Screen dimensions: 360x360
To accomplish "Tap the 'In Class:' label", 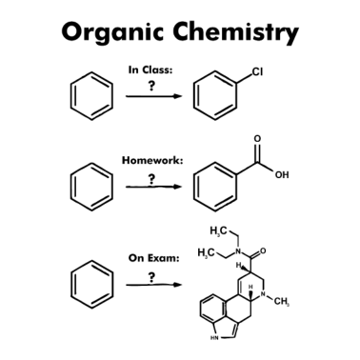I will point(150,69).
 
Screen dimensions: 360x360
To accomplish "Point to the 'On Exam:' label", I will point(153,257).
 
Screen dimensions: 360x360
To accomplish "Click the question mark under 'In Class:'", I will point(150,85).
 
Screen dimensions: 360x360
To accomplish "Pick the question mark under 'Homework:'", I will point(150,177).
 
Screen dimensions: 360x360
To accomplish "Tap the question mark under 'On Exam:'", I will point(151,275).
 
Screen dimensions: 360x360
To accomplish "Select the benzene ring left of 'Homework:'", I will point(91,185).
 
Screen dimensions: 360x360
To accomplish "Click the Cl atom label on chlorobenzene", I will point(257,71).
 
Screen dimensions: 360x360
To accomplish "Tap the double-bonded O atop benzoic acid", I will point(257,140).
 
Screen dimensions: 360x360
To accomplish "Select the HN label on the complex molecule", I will point(212,335).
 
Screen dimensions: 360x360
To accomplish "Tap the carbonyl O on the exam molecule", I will point(263,252).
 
